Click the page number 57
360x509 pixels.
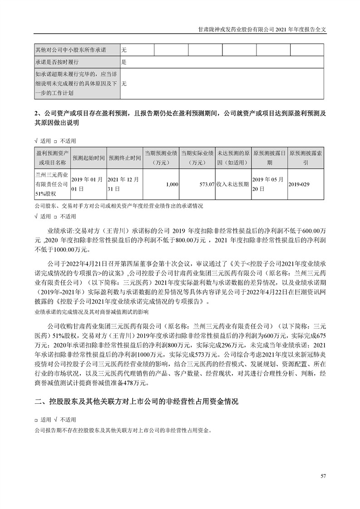coord(323,475)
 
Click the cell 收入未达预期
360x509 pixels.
coord(233,185)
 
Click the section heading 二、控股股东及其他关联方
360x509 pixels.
coord(136,401)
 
